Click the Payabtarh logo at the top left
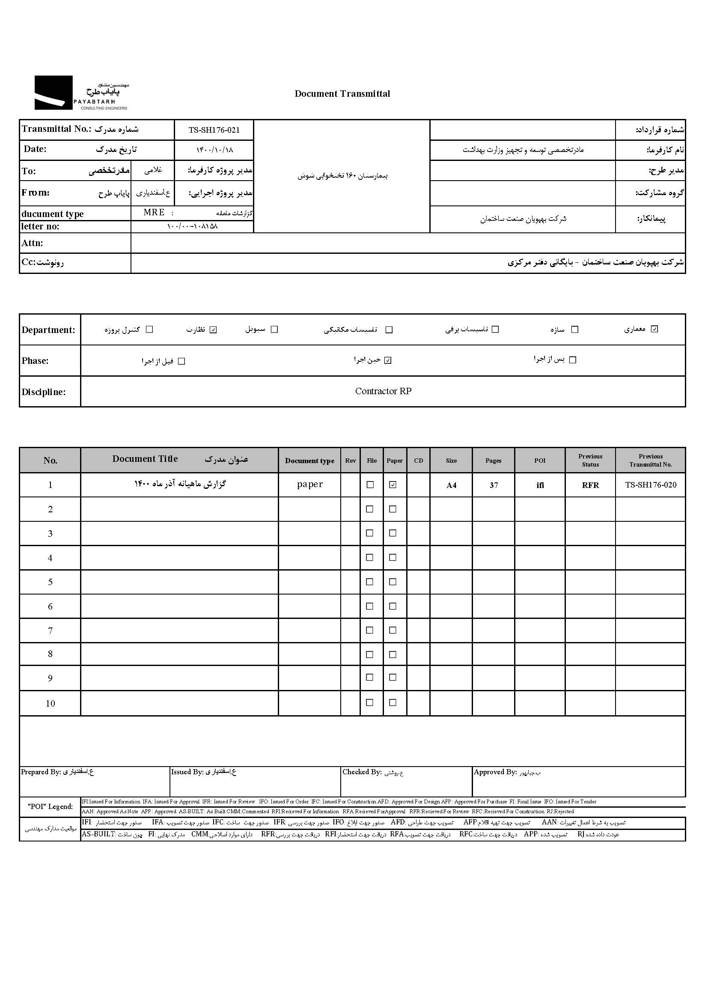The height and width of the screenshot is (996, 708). pos(81,93)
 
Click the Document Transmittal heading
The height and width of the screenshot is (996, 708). pos(342,94)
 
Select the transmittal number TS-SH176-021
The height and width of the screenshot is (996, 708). pos(214,130)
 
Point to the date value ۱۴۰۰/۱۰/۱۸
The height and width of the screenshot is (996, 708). pos(214,150)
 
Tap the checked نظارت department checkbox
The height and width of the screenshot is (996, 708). pos(213,330)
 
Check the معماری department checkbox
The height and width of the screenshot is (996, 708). pos(654,329)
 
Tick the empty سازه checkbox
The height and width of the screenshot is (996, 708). pos(574,330)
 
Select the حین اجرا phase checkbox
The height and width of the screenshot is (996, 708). pos(388,360)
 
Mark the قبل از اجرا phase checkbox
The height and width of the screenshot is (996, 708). pos(182,361)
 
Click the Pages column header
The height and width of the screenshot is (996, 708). pos(493,461)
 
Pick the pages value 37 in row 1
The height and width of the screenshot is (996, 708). pos(494,485)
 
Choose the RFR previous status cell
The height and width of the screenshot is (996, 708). pos(590,485)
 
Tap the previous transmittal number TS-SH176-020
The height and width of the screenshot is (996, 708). pos(651,485)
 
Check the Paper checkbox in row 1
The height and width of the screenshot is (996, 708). pos(393,485)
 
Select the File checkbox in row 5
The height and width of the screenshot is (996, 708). pos(370,582)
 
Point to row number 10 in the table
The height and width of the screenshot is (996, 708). pos(50,704)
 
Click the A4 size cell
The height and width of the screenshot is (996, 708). pos(451,485)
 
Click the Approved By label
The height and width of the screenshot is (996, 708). pos(495,772)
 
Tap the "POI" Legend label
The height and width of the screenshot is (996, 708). pos(50,806)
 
